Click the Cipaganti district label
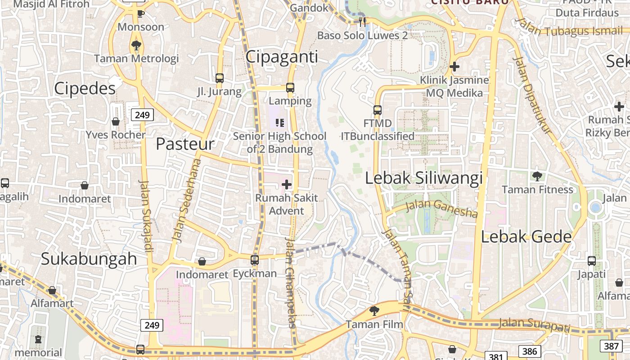click(282, 57)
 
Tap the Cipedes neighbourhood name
click(85, 89)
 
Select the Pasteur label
click(185, 144)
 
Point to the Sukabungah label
click(89, 259)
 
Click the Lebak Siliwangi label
click(423, 178)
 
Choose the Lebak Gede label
click(526, 237)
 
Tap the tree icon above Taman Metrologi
click(136, 45)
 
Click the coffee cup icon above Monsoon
click(140, 13)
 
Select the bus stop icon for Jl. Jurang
click(219, 78)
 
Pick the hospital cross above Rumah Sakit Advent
click(287, 184)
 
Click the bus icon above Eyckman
click(255, 260)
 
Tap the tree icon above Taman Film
click(374, 310)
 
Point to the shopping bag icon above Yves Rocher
click(116, 121)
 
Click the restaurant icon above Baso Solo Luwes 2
click(362, 22)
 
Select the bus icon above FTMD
click(378, 110)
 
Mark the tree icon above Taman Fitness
click(537, 176)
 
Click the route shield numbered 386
click(529, 351)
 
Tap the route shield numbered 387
click(611, 346)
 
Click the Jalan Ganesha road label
click(441, 208)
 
